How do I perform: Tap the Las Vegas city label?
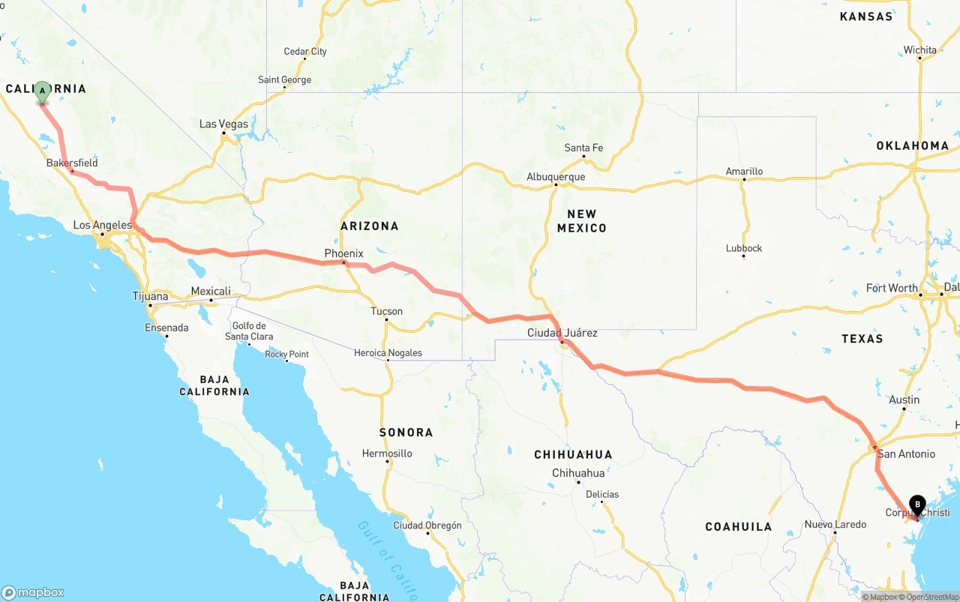click(x=223, y=124)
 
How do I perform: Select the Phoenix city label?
click(x=343, y=253)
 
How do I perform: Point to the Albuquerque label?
click(x=556, y=177)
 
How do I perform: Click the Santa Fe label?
click(x=583, y=148)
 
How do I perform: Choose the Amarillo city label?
click(x=744, y=171)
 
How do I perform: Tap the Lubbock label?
click(x=744, y=248)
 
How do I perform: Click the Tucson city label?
click(x=386, y=311)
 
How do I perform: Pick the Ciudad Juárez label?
click(x=562, y=332)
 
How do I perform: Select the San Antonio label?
click(x=906, y=454)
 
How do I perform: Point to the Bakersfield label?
click(x=72, y=163)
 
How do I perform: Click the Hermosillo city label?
click(x=387, y=454)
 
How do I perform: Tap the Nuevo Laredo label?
click(x=835, y=524)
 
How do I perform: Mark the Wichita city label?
click(x=919, y=50)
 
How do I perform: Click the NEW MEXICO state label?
click(x=581, y=221)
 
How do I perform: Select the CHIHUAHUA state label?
click(x=573, y=454)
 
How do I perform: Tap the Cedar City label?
click(x=305, y=52)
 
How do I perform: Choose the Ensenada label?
click(x=166, y=328)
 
